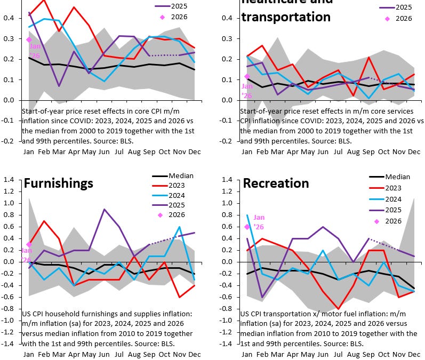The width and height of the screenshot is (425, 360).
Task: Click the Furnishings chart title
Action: point(59,183)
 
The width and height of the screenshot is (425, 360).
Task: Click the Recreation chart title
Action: point(276,183)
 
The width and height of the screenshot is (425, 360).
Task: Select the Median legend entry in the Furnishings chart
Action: point(181,175)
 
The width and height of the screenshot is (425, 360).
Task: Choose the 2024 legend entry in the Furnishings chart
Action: point(179,195)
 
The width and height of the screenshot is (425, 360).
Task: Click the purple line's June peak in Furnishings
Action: point(103,209)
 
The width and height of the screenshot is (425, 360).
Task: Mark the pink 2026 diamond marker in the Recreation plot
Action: point(246,227)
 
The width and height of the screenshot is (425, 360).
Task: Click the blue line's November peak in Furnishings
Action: point(179,227)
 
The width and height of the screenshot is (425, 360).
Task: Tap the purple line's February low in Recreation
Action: point(262,297)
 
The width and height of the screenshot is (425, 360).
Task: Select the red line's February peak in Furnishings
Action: point(44,221)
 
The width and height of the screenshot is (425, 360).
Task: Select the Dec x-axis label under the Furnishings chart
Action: point(194,355)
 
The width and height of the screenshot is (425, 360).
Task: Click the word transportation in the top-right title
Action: point(286,17)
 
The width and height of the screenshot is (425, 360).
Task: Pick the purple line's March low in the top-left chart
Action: point(59,86)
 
